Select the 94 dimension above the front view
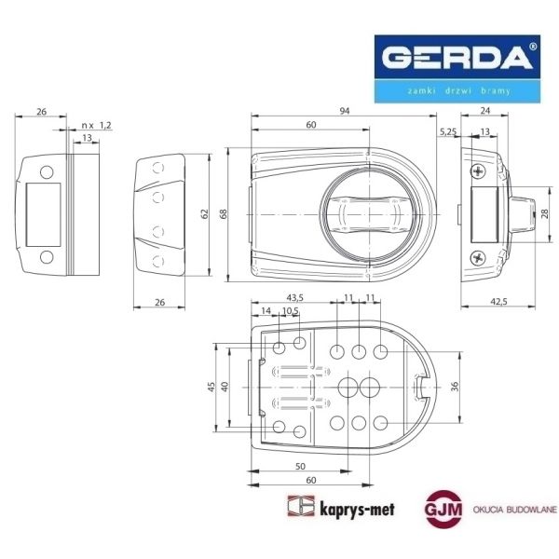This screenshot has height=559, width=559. (344, 111)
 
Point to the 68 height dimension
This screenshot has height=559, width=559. (222, 213)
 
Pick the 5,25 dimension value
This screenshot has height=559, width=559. (447, 131)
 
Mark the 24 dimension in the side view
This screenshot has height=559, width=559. (484, 111)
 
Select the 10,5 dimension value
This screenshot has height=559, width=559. (290, 310)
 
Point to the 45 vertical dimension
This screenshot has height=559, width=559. (212, 386)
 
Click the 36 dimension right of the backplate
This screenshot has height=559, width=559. (454, 386)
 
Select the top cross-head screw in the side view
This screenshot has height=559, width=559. (477, 170)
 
